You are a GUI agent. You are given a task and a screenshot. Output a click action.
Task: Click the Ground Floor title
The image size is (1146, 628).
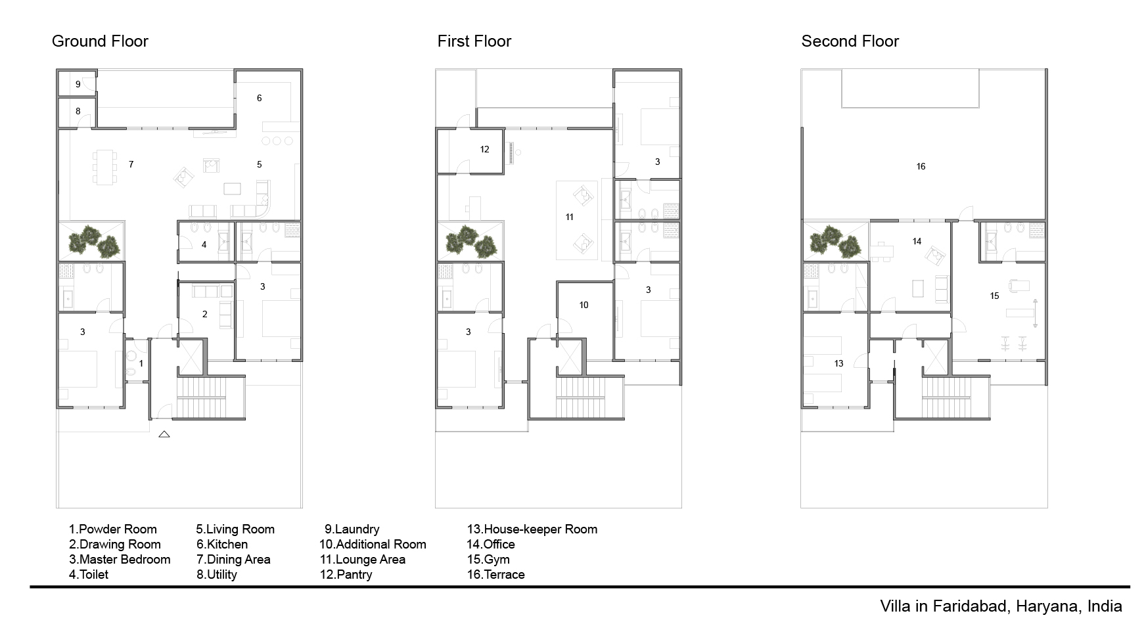pos(100,41)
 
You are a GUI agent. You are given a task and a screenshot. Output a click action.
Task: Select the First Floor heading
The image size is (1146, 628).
pos(474,41)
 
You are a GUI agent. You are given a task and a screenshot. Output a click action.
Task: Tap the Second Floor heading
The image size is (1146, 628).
pos(850,41)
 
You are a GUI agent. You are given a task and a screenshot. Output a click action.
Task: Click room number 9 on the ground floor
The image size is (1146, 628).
pos(78,84)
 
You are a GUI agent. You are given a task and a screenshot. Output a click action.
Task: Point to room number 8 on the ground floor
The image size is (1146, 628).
pos(78,111)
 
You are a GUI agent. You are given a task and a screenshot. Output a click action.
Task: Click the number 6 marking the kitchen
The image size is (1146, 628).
pos(260,98)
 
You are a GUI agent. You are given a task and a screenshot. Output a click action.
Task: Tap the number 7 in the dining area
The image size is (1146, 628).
pos(131,164)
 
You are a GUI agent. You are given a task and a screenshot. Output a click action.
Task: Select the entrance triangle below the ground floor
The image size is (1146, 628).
pos(164,434)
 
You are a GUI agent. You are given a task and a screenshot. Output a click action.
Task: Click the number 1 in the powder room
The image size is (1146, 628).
pos(141,363)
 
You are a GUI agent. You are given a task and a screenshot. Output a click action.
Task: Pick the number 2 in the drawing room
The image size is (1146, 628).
pos(205,314)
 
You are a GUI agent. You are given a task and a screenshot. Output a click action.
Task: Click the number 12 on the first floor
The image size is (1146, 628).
pos(485,149)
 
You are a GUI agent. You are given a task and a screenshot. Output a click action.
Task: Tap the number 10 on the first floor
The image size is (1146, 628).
pos(584,305)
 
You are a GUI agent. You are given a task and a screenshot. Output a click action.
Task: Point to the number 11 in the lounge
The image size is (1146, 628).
pos(570,217)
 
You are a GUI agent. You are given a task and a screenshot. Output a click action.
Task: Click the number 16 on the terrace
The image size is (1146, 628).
pos(921,166)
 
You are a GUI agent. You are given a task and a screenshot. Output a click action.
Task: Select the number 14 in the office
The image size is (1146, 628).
pos(917,241)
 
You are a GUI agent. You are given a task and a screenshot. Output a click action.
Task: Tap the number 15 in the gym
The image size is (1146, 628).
pos(994,296)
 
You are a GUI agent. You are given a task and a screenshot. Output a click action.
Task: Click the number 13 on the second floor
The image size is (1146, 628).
pos(838,363)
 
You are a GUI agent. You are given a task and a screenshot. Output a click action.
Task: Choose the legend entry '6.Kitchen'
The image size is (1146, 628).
pos(222,545)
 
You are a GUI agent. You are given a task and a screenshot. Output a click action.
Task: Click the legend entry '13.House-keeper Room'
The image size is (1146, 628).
pos(532,529)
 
